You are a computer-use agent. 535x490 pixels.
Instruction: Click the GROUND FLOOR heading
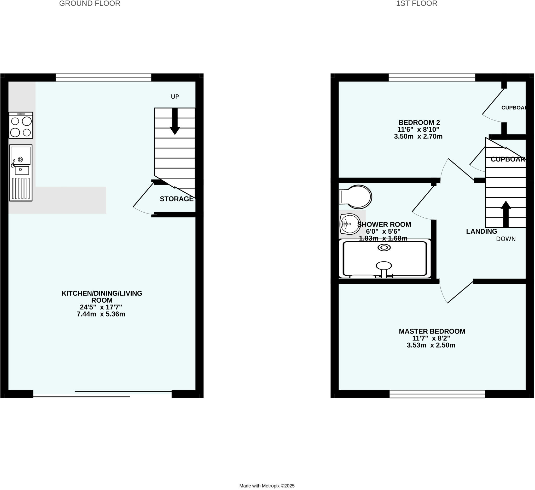90,3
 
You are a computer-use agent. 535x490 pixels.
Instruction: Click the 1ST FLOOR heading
416,3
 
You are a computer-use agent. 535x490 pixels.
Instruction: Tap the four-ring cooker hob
21,125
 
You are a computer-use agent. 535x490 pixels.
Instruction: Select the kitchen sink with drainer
21,173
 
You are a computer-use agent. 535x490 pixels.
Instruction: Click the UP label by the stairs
175,97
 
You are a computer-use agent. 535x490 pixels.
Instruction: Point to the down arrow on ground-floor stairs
175,122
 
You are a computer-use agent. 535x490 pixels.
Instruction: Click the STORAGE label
177,199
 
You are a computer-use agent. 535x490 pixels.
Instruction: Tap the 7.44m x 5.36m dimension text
101,314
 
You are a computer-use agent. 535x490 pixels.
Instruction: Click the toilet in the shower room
356,197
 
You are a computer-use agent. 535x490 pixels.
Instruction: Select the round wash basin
350,224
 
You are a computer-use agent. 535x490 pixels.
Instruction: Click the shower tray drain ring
384,248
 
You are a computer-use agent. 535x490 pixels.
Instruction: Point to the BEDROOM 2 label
419,123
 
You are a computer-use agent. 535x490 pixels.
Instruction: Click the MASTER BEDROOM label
432,331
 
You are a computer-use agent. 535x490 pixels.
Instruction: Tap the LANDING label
481,232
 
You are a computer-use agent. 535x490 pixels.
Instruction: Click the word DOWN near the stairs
506,239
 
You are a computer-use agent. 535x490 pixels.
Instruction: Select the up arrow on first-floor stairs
506,214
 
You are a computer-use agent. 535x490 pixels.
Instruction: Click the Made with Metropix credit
267,486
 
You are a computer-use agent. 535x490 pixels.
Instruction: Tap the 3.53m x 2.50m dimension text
431,345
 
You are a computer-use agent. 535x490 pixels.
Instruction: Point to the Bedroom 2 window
432,78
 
